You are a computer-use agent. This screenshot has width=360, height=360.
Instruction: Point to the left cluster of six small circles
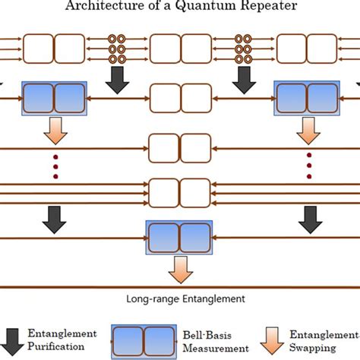coord(117,49)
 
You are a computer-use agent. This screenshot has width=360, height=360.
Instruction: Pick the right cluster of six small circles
coord(243,49)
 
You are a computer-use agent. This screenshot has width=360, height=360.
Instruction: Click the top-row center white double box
coord(179,49)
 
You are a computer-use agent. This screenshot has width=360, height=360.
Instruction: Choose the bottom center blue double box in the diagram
coord(179,237)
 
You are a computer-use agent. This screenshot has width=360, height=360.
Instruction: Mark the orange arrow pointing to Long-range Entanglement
coord(179,267)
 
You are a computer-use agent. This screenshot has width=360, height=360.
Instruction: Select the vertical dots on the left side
coord(55,167)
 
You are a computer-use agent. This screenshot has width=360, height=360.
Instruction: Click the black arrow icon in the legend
coord(13,340)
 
